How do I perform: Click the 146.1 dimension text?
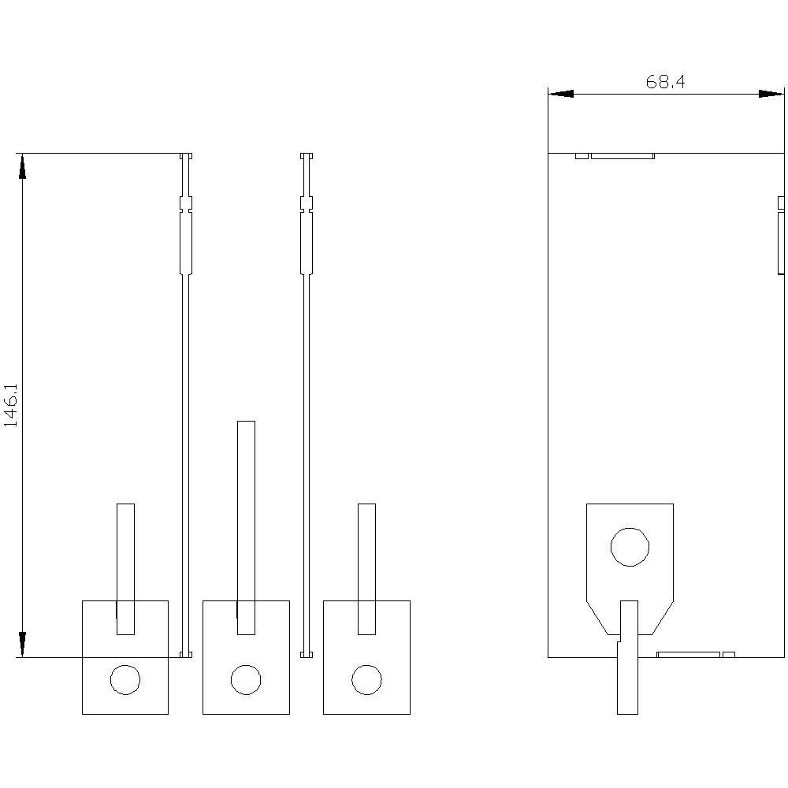11,406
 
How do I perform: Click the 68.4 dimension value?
665,82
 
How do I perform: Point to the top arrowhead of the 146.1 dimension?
22,165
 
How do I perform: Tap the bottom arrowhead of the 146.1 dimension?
22,645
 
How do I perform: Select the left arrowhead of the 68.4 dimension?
561,94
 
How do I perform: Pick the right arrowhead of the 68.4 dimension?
771,94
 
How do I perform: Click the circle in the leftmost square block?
125,679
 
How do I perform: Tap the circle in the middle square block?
245,679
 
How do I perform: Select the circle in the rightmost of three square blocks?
366,679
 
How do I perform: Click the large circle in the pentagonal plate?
630,547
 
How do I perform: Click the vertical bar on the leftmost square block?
125,567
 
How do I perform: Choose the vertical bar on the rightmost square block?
366,567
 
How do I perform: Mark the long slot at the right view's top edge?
622,156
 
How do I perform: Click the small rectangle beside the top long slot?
582,156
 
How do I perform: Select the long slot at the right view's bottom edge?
688,654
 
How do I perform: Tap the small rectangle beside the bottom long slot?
729,654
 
